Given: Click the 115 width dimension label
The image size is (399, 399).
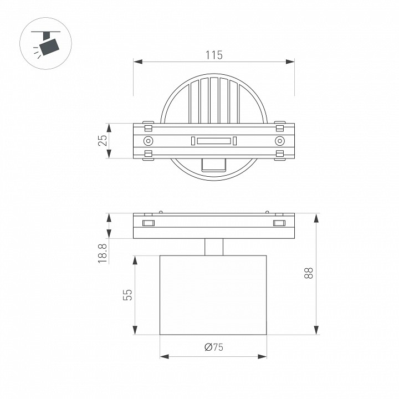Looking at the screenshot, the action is coord(214,55).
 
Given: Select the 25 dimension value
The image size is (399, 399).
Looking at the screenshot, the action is coord(103,140).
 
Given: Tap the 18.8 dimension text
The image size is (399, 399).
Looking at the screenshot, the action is coord(103,253).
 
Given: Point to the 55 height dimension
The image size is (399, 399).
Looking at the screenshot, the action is coord(127,295).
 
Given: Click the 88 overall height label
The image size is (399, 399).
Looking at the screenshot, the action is coord(309,273).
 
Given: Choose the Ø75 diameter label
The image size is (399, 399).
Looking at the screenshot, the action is coord(214,347).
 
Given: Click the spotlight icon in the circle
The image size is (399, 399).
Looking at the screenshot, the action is coord(45,43).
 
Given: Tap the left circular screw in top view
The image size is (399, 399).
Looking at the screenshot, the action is coord(148,141).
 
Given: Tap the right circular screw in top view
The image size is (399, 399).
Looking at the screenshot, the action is coord(280,141).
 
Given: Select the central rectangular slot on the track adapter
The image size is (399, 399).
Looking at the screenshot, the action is coord(214,141).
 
